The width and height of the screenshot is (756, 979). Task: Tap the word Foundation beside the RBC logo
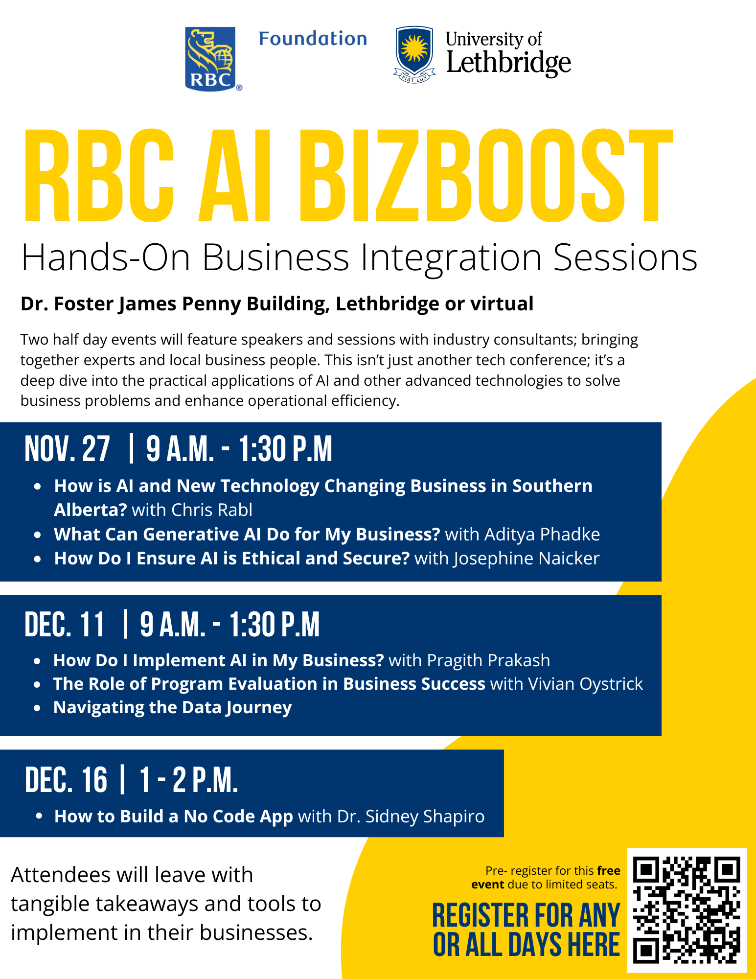tap(313, 39)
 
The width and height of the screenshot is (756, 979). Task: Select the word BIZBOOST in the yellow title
tap(486, 175)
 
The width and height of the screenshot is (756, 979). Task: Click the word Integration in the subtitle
tap(451, 257)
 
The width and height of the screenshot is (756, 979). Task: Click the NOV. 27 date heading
tap(68, 449)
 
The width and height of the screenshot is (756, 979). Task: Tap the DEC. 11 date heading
tap(65, 625)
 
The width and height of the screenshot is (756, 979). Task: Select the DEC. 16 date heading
tap(66, 779)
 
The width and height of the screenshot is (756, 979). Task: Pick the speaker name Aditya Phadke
tap(542, 534)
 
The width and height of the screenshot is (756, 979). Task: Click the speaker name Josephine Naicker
tap(527, 559)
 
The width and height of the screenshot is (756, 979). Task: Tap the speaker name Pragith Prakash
tap(488, 660)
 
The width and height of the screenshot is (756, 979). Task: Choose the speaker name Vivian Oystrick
tap(586, 684)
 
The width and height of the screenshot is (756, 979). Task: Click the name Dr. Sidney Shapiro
tap(411, 816)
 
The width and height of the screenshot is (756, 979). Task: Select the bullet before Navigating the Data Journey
tap(37, 708)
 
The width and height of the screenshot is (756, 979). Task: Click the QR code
tap(687, 910)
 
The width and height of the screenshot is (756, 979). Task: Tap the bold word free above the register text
tap(609, 871)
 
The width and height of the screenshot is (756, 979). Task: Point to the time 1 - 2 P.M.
tap(189, 779)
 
